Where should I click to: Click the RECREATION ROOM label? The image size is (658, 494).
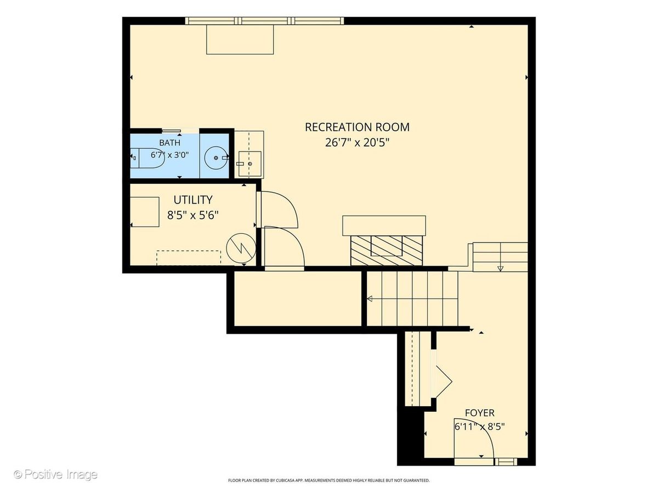click(357, 127)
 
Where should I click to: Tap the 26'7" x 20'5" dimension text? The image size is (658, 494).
click(357, 143)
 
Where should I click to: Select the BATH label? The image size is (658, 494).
click(169, 143)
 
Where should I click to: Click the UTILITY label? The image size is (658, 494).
click(193, 200)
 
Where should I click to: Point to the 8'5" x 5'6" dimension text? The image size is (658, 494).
click(193, 215)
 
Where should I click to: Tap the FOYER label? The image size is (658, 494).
click(480, 413)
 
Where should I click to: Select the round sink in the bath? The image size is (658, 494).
click(215, 158)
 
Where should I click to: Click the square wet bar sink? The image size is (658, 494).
click(249, 164)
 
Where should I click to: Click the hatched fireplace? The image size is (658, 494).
click(387, 250)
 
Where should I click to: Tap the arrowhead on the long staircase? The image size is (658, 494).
click(370, 299)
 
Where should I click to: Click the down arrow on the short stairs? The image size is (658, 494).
click(500, 268)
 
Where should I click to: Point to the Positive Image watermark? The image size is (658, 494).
click(56, 474)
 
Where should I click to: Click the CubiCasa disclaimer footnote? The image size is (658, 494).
click(329, 480)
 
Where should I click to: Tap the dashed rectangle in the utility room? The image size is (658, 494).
click(189, 257)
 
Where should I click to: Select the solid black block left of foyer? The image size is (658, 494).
click(411, 439)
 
